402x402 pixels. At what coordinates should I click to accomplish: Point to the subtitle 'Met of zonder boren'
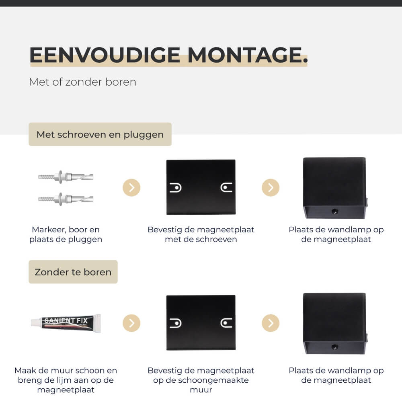(x=82, y=82)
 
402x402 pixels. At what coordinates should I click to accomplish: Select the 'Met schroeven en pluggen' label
(x=100, y=134)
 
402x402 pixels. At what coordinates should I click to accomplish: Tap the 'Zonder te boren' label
(x=73, y=272)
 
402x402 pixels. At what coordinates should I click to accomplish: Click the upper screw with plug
(x=66, y=176)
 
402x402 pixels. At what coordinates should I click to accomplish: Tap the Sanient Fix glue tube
(x=66, y=323)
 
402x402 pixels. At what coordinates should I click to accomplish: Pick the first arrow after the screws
(x=131, y=187)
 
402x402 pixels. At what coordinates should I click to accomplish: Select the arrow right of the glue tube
(x=131, y=323)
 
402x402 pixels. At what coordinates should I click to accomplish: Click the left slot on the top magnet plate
(x=176, y=187)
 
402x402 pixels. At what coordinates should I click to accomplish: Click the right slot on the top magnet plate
(x=227, y=187)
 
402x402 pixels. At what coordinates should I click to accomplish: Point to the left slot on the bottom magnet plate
(x=176, y=323)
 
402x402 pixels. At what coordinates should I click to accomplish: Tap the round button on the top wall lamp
(x=334, y=211)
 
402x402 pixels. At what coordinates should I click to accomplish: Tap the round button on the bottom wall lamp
(x=334, y=347)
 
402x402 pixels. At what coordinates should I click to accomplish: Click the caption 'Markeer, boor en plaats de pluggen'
(x=66, y=234)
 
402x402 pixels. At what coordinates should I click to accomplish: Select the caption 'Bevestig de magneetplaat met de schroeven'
(x=201, y=234)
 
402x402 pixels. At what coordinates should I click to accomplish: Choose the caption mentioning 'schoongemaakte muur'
(x=201, y=380)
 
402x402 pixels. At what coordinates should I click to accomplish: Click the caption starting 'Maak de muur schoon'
(x=66, y=380)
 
